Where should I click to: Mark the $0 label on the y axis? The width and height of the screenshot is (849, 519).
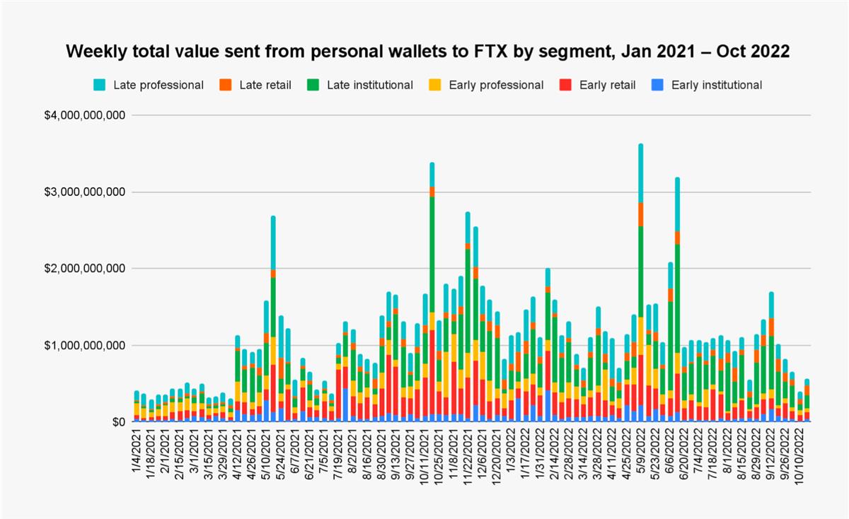tap(117, 422)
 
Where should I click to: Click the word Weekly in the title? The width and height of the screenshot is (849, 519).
tap(93, 52)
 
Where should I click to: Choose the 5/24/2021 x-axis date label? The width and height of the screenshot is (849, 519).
tap(280, 453)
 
